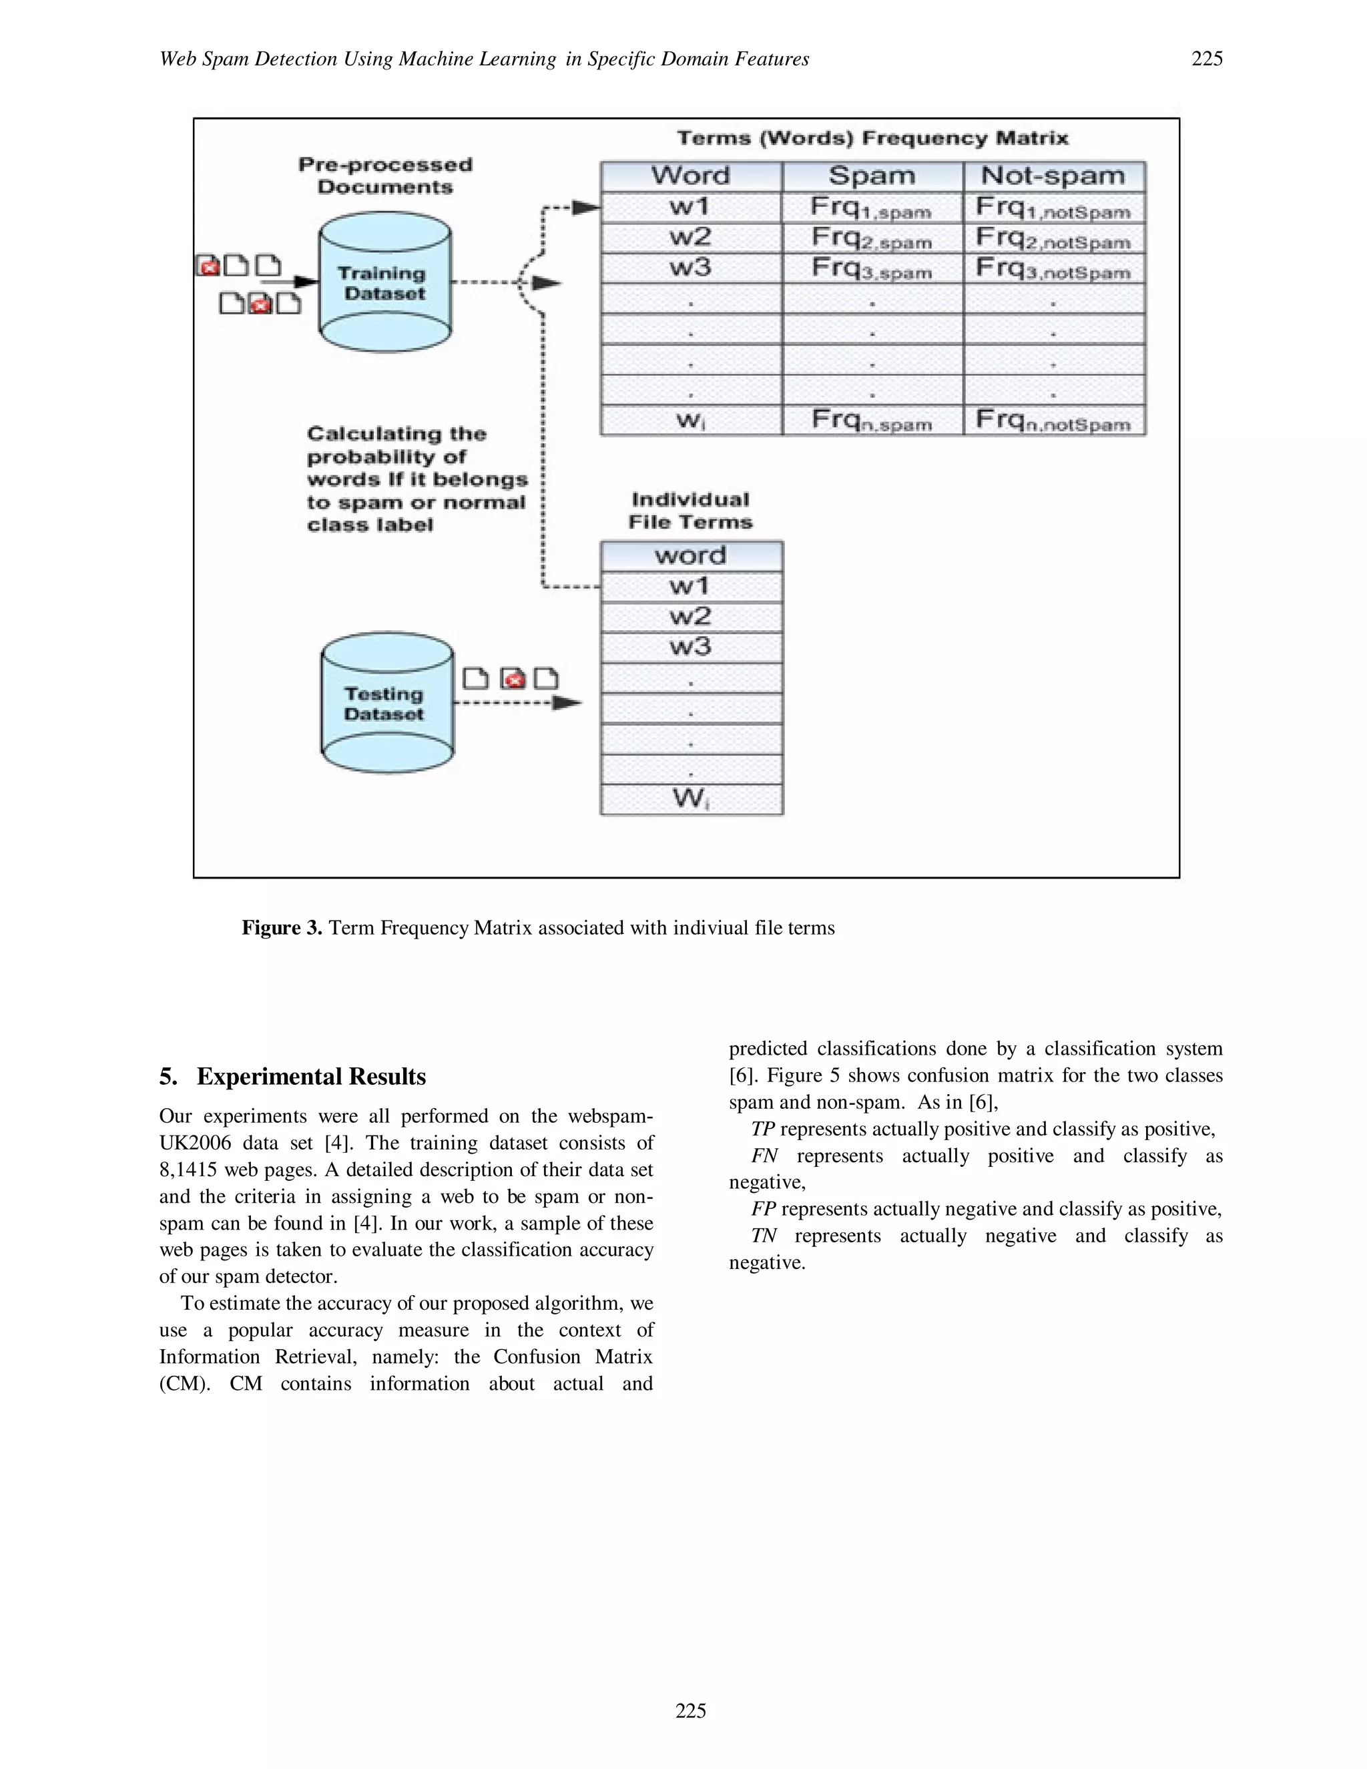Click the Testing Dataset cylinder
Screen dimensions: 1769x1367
pos(386,703)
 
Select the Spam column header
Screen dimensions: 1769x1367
pos(872,176)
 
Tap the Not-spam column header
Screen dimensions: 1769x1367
pos(1053,176)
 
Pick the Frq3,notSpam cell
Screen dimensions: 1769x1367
pos(1053,269)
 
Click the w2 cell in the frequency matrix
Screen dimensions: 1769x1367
pos(690,238)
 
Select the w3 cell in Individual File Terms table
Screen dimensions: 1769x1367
pos(690,646)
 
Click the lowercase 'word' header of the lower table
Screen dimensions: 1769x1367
pos(690,555)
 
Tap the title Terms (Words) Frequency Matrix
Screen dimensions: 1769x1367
pos(872,138)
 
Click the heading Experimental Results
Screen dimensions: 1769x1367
pos(311,1077)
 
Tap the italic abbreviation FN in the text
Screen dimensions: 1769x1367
pos(764,1156)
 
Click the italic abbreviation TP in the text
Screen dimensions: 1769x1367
pos(762,1129)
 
